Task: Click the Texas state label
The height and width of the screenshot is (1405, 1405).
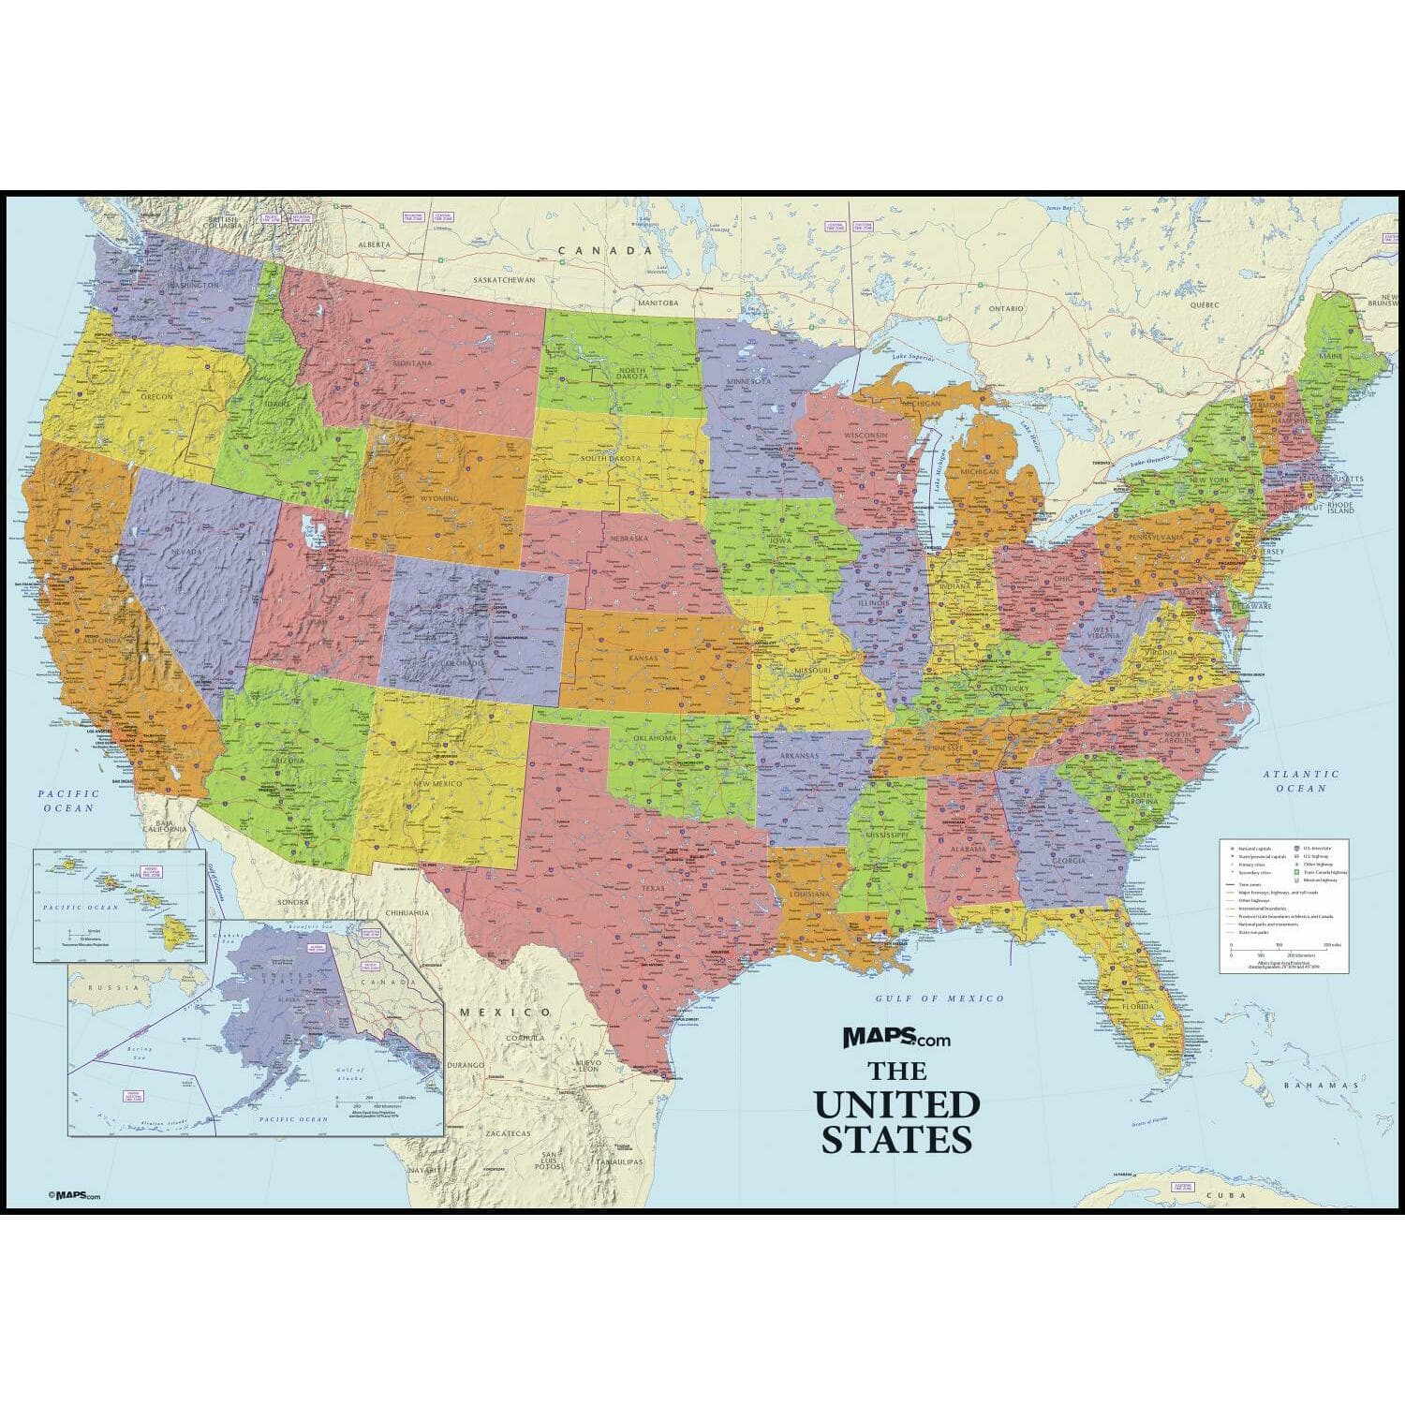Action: coord(653,888)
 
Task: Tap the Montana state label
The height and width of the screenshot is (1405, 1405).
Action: coord(412,362)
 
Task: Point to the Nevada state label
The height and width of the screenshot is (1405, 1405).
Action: coord(188,552)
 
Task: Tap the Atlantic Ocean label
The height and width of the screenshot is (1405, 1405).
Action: coord(1300,781)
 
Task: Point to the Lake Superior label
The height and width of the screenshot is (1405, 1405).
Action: coord(917,358)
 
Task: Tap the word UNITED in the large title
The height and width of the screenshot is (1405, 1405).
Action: coord(896,1105)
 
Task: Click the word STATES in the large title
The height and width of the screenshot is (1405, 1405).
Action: coord(896,1139)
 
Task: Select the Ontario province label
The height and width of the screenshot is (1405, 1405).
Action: coord(1007,307)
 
